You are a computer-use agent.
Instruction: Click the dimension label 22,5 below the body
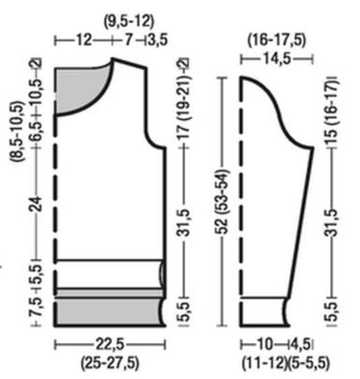110,344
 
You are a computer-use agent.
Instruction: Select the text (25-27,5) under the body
110,362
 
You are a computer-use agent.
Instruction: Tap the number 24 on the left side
36,204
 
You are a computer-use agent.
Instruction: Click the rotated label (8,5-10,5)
18,131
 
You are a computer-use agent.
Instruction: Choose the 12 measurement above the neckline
84,40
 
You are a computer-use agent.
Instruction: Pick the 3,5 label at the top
158,40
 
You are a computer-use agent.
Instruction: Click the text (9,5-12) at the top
129,21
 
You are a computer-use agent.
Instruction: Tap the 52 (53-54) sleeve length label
221,202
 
